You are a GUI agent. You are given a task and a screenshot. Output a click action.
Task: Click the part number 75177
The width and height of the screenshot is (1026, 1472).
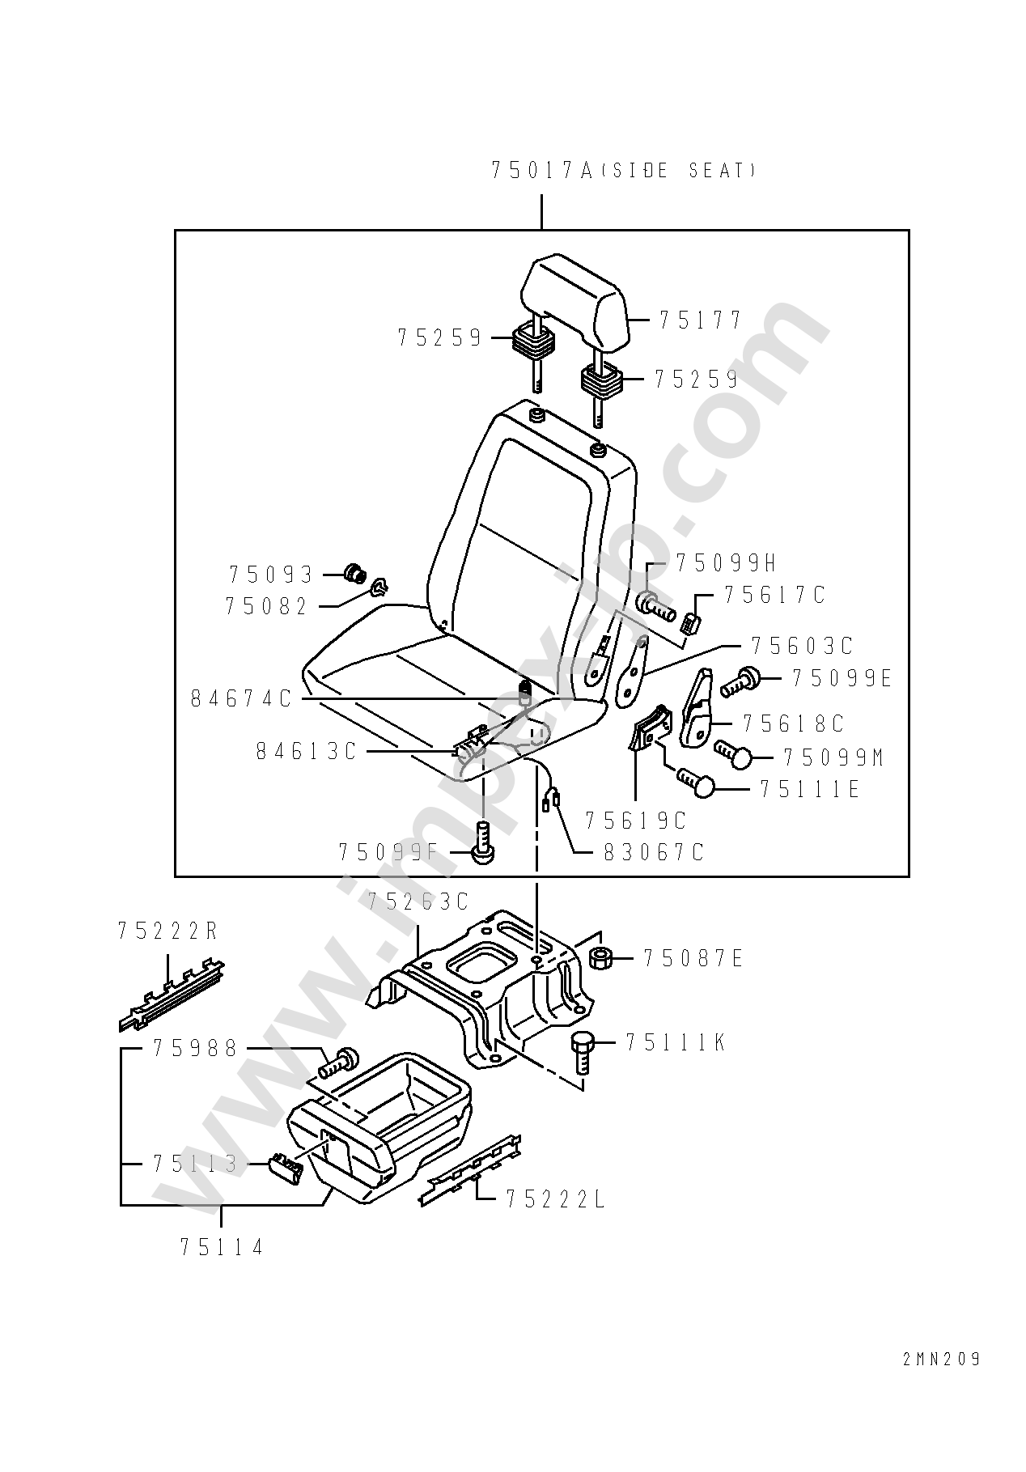700,320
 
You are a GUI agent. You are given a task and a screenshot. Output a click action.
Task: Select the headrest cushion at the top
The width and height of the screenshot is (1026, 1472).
573,301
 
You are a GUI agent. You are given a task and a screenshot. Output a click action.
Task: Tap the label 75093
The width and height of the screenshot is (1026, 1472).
270,575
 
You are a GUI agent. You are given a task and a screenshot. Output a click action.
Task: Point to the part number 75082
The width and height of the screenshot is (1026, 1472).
267,606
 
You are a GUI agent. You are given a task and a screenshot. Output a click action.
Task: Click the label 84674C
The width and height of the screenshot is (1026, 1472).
241,698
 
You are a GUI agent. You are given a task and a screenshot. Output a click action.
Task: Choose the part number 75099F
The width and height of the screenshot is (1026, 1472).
388,851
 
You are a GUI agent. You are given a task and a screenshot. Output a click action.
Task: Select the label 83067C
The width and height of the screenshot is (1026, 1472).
654,851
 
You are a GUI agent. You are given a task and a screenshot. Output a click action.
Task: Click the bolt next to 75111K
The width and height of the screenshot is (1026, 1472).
583,1053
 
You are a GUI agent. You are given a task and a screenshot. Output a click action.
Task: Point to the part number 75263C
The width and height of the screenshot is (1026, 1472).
418,901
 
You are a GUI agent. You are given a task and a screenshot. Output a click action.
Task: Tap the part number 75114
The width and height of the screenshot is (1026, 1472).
222,1247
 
